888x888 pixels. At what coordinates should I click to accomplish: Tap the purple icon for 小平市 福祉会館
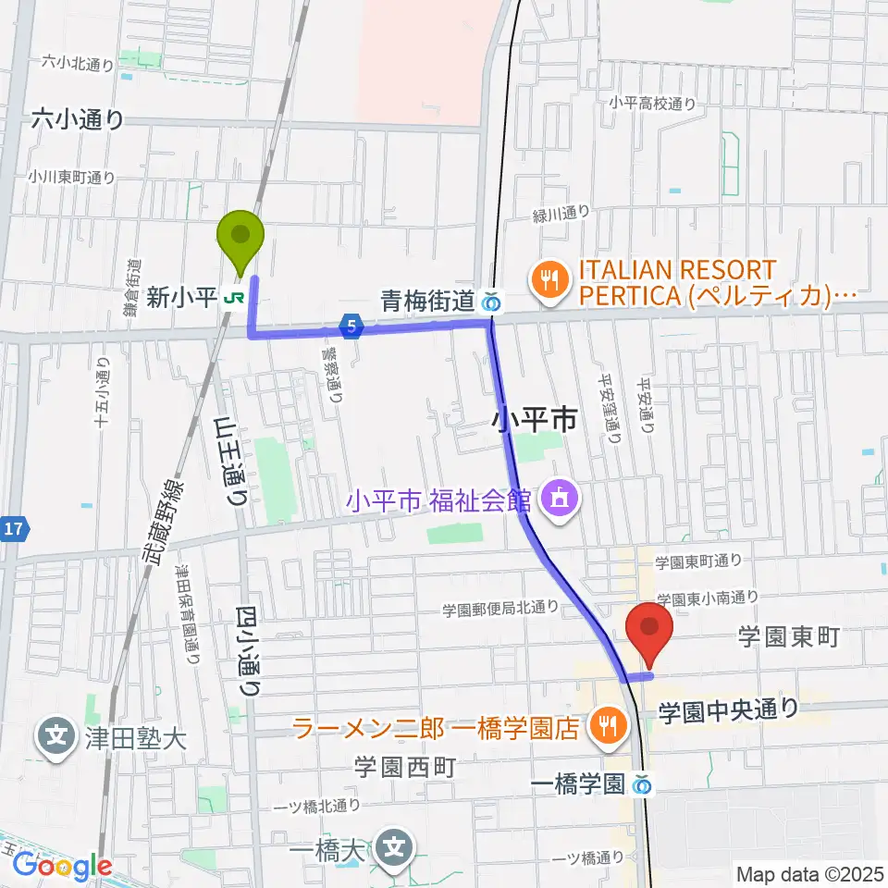[x=558, y=500]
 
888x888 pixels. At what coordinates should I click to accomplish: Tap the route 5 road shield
[x=350, y=325]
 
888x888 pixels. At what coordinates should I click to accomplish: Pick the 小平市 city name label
[x=536, y=422]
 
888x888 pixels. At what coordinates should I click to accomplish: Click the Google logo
[x=63, y=867]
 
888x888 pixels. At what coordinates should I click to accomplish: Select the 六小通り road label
[x=78, y=119]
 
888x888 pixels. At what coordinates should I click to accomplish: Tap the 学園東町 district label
[x=787, y=636]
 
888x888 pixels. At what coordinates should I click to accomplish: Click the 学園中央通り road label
[x=728, y=709]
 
